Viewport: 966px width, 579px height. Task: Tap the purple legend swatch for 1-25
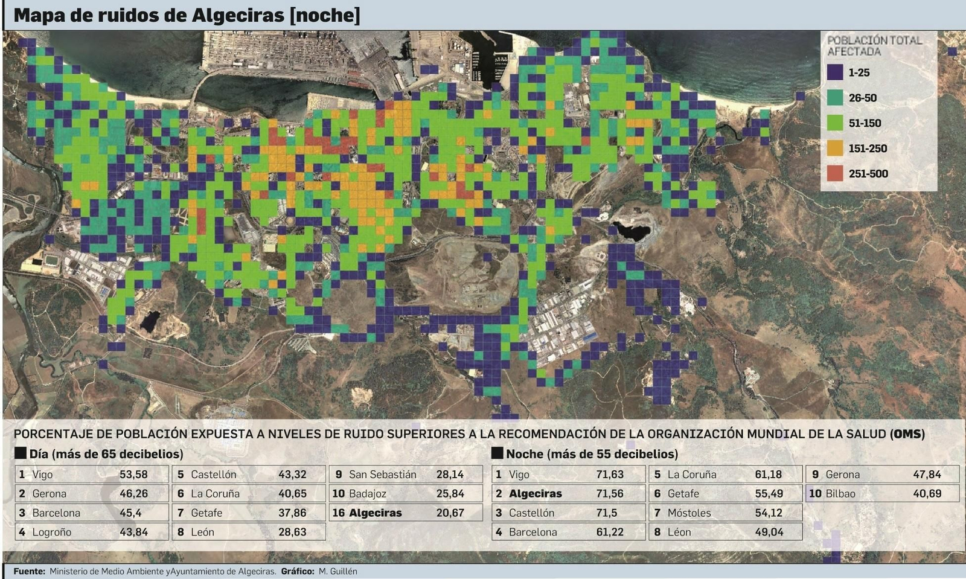[x=835, y=72]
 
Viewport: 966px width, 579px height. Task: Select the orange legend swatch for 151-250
[x=835, y=148]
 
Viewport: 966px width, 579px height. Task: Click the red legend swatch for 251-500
[x=835, y=173]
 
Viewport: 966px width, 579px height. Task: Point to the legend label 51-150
[x=865, y=123]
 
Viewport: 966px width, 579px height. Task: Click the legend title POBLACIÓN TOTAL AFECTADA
[x=874, y=46]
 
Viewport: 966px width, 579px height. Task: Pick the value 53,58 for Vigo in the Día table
[x=133, y=475]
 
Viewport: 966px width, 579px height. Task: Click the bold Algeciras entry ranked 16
[x=375, y=513]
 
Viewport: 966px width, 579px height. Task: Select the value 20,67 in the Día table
[x=450, y=513]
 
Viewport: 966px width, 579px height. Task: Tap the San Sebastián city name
[x=383, y=475]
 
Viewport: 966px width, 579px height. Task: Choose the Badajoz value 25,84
[x=450, y=494]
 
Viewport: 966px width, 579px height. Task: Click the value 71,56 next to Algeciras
[x=610, y=494]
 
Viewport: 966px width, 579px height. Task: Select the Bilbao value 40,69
[x=927, y=494]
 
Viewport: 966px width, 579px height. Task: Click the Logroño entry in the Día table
[x=51, y=533]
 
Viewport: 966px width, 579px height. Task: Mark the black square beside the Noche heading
[x=497, y=453]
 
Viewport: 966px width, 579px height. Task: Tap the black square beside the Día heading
[x=21, y=453]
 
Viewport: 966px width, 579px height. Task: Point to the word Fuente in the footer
[x=28, y=571]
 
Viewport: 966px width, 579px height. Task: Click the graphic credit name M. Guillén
[x=338, y=571]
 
